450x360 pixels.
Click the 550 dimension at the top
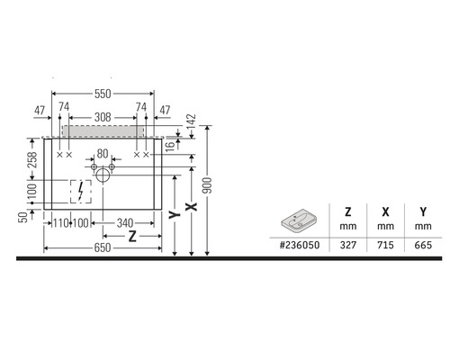pos(103,94)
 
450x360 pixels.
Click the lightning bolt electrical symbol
pos(82,191)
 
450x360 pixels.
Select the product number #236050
pos(299,245)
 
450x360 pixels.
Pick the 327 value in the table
pos(347,245)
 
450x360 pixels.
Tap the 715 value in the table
pos(385,245)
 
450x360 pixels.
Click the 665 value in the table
pos(422,245)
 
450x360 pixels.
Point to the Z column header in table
pos(347,212)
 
